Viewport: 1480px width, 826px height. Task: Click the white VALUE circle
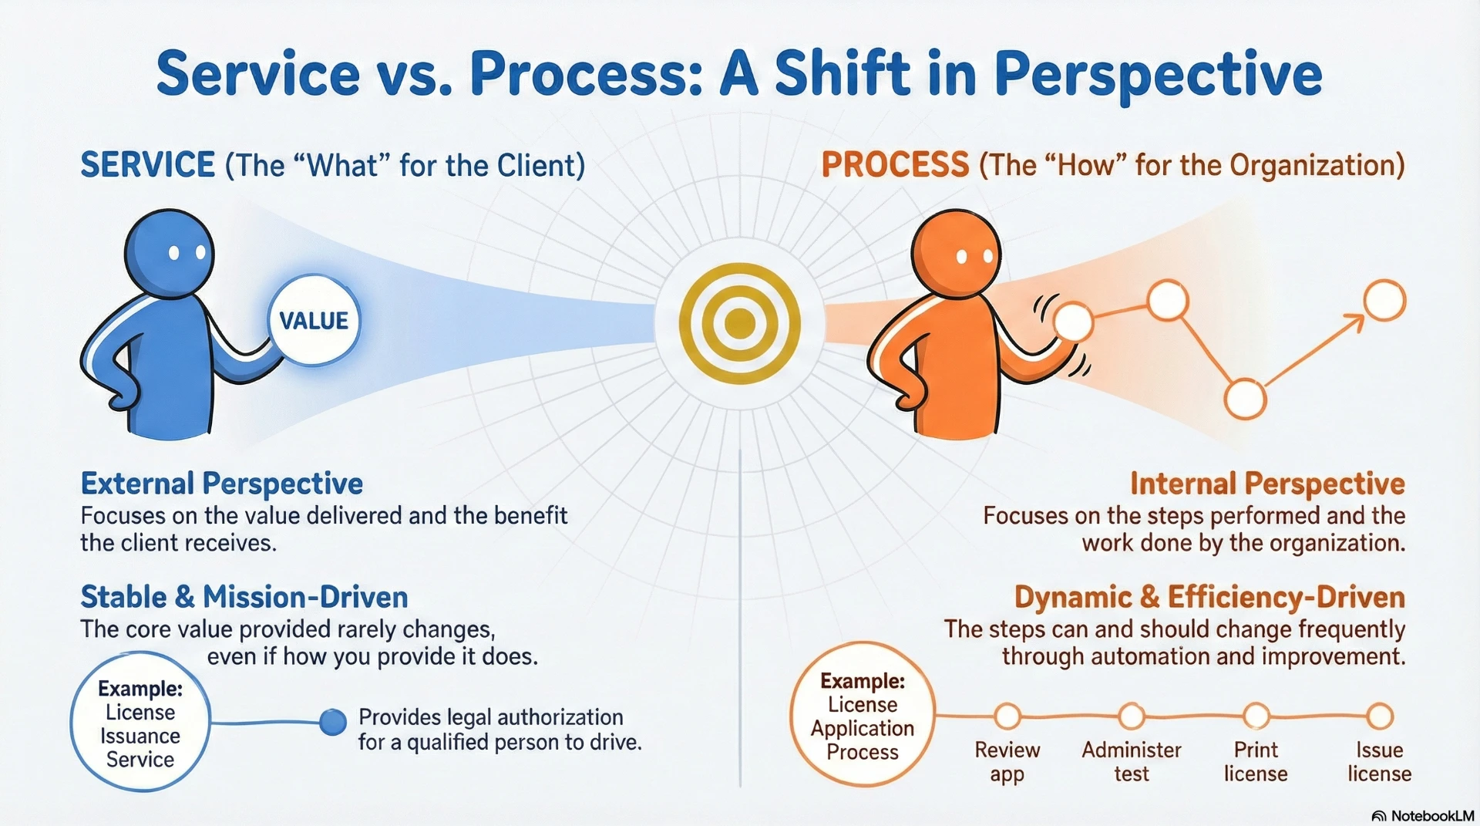click(x=314, y=320)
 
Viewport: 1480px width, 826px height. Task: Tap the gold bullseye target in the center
click(x=740, y=323)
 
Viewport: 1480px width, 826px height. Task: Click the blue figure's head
click(x=170, y=253)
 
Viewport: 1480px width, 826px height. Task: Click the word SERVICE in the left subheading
click(x=148, y=165)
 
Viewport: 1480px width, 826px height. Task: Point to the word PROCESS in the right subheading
click(x=895, y=165)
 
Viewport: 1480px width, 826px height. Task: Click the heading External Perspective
click(x=222, y=484)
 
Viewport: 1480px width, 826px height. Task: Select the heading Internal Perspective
click(x=1267, y=484)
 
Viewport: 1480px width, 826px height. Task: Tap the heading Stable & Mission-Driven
click(x=244, y=597)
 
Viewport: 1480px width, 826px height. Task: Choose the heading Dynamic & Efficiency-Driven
click(x=1209, y=597)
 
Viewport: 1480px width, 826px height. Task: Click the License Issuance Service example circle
click(x=140, y=722)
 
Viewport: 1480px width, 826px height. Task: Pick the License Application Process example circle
click(x=863, y=715)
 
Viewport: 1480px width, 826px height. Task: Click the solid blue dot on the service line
click(x=333, y=722)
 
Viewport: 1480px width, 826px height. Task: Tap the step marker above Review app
click(x=1007, y=716)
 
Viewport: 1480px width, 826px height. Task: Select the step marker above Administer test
click(x=1132, y=716)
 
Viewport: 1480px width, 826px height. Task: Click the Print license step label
click(x=1256, y=761)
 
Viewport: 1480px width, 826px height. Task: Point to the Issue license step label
click(x=1380, y=761)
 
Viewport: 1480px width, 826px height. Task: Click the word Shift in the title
click(x=843, y=73)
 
